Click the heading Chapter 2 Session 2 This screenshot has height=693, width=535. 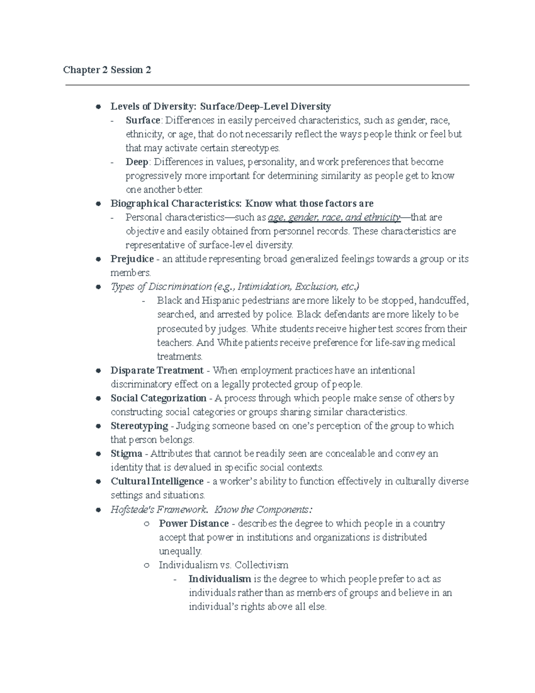point(107,70)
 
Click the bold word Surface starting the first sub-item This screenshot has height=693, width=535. point(143,120)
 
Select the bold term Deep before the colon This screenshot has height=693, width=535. point(137,162)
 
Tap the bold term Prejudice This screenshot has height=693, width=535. point(132,259)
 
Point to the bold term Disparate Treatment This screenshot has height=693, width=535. point(157,370)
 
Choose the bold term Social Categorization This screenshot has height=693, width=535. point(158,398)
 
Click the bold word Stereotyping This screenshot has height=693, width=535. point(139,426)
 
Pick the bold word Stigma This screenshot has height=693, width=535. point(126,453)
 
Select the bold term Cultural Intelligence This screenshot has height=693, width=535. point(157,481)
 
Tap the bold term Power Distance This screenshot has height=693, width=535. point(193,523)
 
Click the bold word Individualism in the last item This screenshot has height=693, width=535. point(219,579)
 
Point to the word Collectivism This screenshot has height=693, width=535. point(262,565)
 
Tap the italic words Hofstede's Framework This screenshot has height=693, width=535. point(158,510)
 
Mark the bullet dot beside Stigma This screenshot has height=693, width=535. point(98,454)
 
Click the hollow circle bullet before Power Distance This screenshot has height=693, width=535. point(146,523)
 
